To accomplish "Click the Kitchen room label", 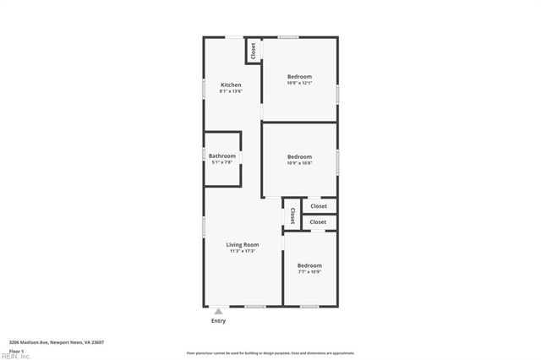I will (x=231, y=85).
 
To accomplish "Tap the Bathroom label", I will (x=222, y=155).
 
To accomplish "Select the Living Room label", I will (x=242, y=245).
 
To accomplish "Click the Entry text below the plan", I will (x=218, y=321).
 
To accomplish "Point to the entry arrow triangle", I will (x=218, y=311).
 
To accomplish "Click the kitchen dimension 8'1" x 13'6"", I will (x=231, y=91).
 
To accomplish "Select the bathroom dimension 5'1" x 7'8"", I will (x=222, y=162).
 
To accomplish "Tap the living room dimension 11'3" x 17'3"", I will (x=242, y=251).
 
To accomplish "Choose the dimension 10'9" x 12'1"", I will (x=299, y=83).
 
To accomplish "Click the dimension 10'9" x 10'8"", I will (x=299, y=163).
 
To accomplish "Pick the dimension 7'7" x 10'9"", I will (x=309, y=272).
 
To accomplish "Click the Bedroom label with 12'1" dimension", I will (x=299, y=76).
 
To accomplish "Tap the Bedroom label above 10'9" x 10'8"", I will (x=299, y=156).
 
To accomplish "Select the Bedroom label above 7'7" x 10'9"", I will (x=309, y=265).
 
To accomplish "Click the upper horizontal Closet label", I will (x=319, y=205).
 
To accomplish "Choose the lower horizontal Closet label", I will (x=318, y=221).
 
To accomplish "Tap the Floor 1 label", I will (x=16, y=350).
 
